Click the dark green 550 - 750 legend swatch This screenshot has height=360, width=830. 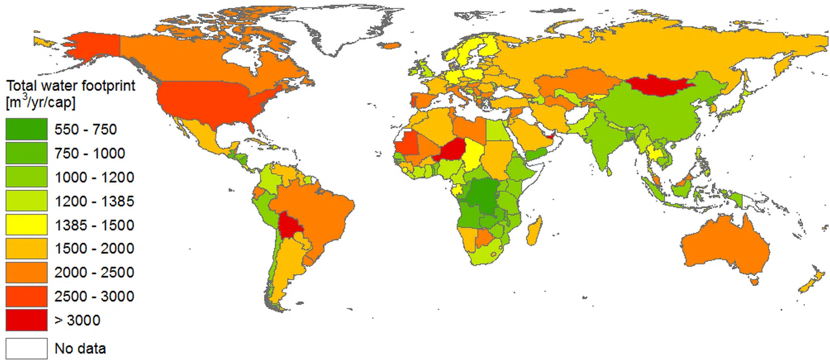pos(26,129)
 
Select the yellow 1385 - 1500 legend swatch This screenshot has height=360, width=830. pos(26,225)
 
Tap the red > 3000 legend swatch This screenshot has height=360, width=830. pos(26,320)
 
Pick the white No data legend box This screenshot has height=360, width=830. pos(26,348)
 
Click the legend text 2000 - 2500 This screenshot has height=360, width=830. pos(94,272)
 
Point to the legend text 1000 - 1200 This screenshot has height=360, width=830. pos(94,178)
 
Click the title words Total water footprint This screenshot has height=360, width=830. pos(71,86)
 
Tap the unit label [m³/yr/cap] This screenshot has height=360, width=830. pos(40,102)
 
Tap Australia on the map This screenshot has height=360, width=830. pos(725,248)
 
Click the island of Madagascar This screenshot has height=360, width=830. pos(534,232)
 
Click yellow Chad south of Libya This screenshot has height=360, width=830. pos(473,155)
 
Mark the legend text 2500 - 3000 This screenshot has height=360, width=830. pos(94,296)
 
